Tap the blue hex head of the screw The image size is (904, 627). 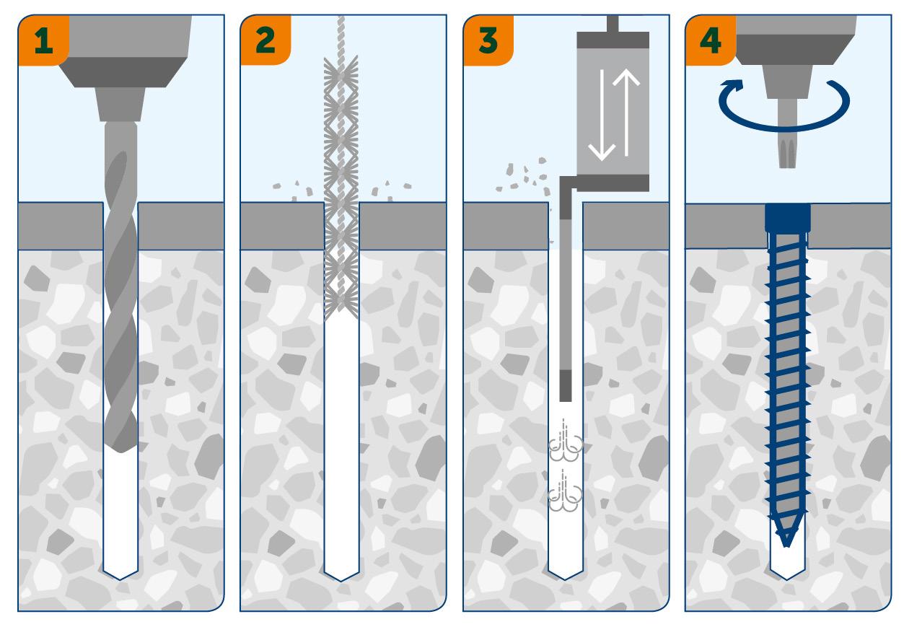[x=787, y=217]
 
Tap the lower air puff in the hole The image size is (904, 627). [x=566, y=496]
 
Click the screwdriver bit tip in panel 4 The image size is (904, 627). [x=786, y=156]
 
